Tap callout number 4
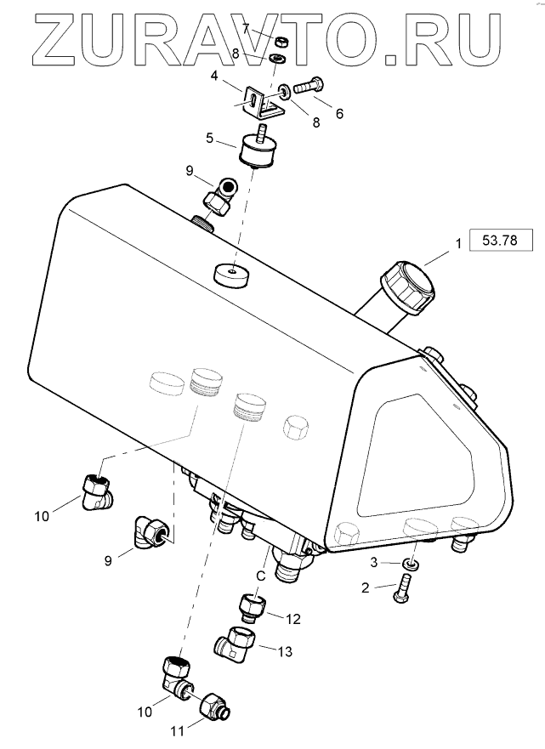point(214,76)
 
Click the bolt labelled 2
point(400,589)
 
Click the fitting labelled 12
point(253,609)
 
